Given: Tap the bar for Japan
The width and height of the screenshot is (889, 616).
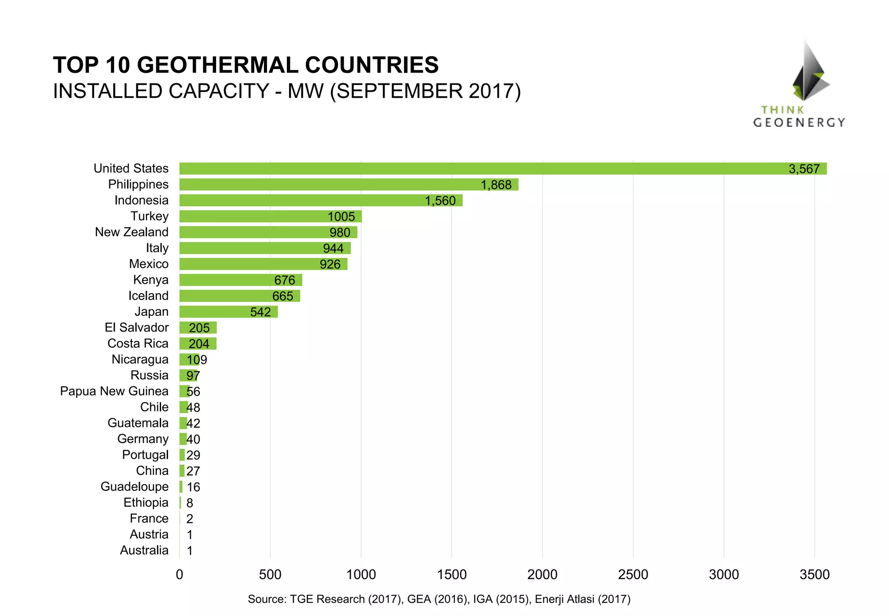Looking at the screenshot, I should pos(228,312).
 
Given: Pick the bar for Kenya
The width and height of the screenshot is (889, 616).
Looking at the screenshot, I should pos(240,280).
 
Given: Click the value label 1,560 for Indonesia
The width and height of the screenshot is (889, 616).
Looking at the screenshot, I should pos(440,201).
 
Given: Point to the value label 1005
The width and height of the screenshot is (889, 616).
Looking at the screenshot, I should pos(341,216).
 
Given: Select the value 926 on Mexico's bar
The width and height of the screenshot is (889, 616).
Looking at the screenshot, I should pos(330,264).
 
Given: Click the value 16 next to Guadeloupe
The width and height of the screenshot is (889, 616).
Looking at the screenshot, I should pos(193,487).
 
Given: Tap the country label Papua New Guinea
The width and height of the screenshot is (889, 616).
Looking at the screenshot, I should pos(114,391).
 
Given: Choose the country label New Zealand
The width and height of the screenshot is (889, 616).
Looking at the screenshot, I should pos(132,232).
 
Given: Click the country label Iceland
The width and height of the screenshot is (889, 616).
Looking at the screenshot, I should pos(148,296).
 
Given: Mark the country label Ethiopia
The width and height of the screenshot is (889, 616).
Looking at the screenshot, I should pos(146,503).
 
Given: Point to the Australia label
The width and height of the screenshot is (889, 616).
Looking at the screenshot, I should pos(144,550).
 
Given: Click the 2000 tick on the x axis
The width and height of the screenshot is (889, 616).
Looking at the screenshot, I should pos(542,575).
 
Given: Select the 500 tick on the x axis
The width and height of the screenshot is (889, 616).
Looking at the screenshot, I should pos(270,575).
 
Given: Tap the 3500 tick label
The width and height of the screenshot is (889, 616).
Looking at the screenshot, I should pos(814,575).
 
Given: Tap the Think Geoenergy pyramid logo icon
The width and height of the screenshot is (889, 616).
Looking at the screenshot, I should pos(809,72).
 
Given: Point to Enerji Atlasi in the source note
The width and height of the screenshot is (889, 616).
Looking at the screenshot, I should pos(564,599).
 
